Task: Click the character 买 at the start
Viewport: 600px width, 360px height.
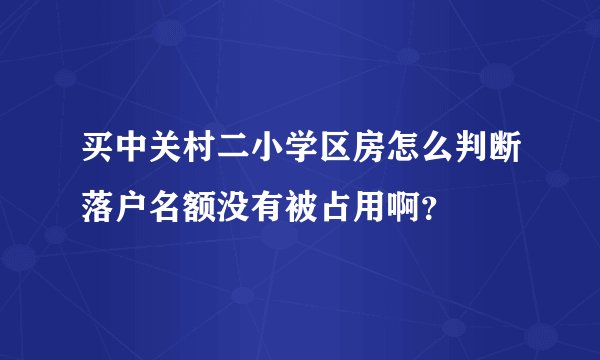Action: click(x=94, y=156)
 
